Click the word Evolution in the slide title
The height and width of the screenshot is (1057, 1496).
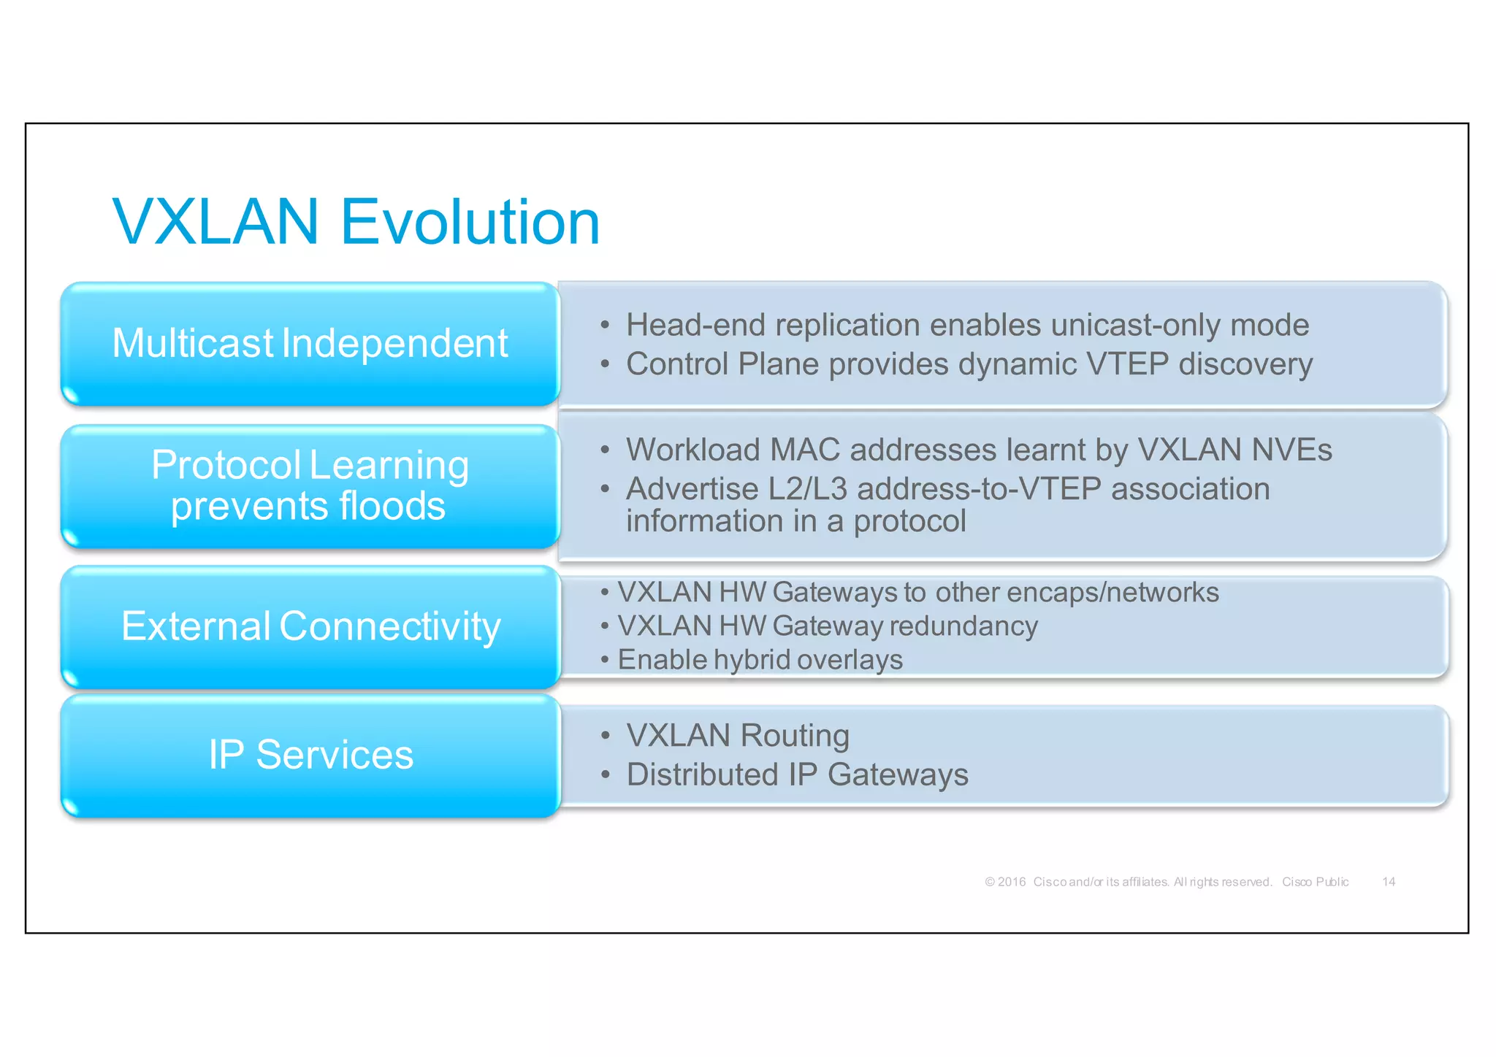pyautogui.click(x=470, y=222)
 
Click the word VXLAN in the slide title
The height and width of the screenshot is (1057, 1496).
pyautogui.click(x=216, y=222)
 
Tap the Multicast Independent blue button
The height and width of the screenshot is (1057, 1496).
pyautogui.click(x=310, y=344)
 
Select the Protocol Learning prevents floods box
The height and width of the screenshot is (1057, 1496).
pyautogui.click(x=310, y=485)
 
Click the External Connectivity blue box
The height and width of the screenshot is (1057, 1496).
pyautogui.click(x=310, y=626)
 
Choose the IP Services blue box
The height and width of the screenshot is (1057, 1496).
pyautogui.click(x=310, y=755)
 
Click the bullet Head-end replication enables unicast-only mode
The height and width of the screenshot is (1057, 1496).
pyautogui.click(x=966, y=326)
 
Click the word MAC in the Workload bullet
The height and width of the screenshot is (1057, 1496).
pyautogui.click(x=805, y=450)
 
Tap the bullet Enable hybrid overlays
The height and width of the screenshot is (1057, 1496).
pyautogui.click(x=760, y=660)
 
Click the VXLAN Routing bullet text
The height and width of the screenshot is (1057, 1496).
pyautogui.click(x=738, y=736)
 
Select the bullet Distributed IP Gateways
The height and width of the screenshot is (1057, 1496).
pyautogui.click(x=797, y=775)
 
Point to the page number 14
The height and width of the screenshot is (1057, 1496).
pyautogui.click(x=1389, y=882)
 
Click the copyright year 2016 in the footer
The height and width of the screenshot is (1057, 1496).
pyautogui.click(x=1012, y=882)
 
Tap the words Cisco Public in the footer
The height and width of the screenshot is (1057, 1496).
pyautogui.click(x=1315, y=882)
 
